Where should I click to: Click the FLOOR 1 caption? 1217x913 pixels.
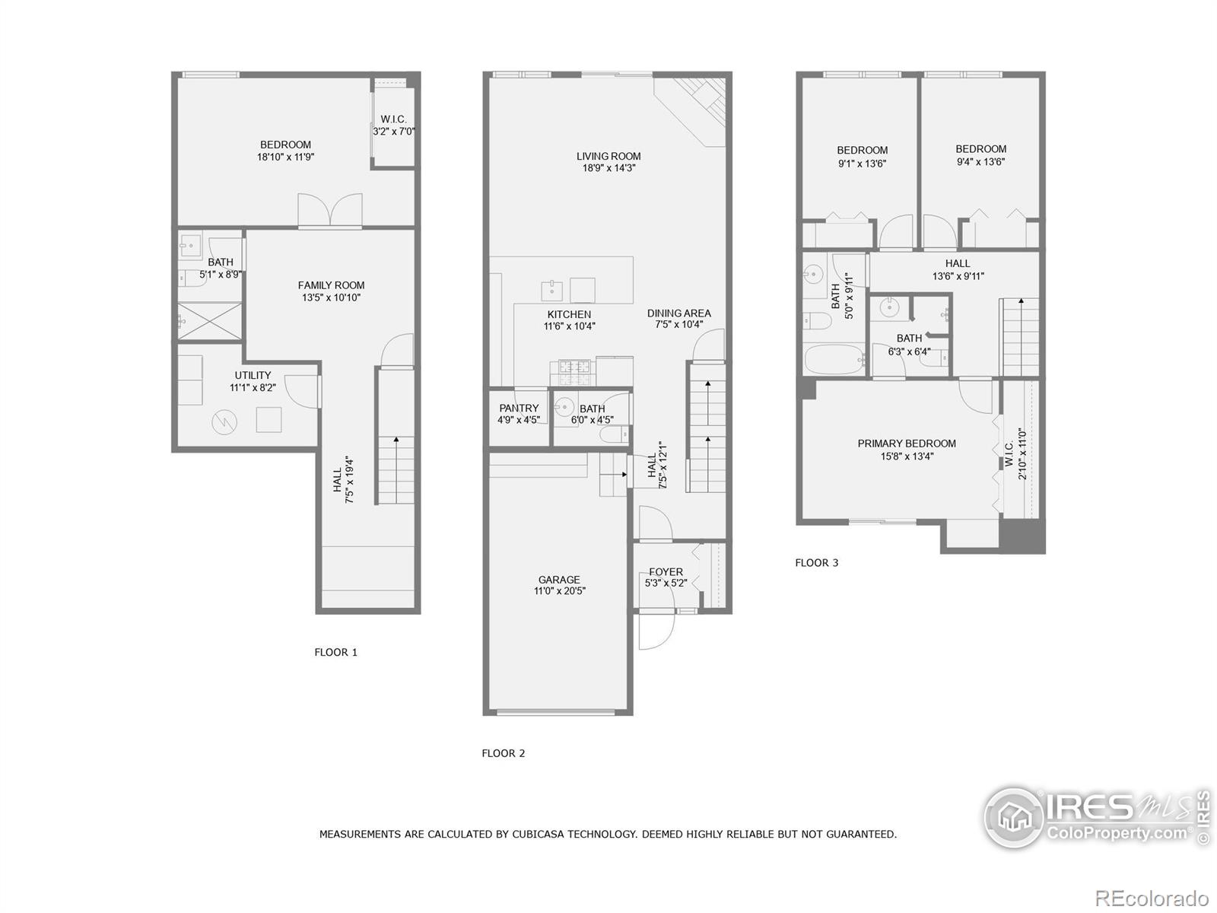point(335,652)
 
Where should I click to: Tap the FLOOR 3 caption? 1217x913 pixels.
point(816,563)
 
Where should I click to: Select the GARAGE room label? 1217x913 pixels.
point(559,580)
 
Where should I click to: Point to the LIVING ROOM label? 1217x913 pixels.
point(608,156)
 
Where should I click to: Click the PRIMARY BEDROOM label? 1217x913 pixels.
point(907,444)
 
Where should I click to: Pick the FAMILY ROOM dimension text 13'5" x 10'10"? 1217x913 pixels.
point(331,297)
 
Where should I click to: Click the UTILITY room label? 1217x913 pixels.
point(253,375)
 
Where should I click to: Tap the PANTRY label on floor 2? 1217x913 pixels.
point(519,409)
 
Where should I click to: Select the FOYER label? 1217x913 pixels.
point(666,572)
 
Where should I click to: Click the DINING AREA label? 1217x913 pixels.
point(678,313)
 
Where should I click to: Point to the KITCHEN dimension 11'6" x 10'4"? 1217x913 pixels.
point(569,326)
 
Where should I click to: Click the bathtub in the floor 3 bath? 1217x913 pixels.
point(834,359)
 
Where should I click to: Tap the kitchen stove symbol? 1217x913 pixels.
point(573,371)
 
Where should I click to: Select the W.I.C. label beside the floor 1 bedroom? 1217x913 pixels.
point(393,119)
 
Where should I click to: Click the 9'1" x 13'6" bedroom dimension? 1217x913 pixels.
point(862,164)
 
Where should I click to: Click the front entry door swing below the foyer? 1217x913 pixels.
point(656,631)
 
